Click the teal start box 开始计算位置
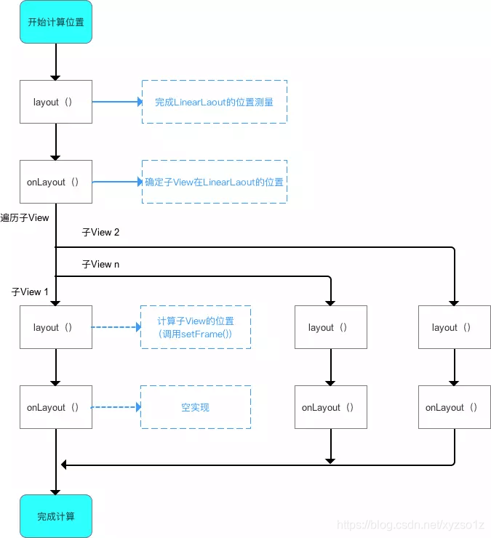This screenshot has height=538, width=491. click(x=55, y=22)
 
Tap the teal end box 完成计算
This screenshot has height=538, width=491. click(x=55, y=516)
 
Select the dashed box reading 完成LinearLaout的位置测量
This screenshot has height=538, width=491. click(x=214, y=102)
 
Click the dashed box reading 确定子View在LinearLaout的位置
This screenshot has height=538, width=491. click(x=214, y=182)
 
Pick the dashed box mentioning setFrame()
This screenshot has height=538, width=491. click(x=195, y=327)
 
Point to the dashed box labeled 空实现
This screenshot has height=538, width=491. click(x=195, y=407)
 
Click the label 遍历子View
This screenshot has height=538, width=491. click(x=25, y=217)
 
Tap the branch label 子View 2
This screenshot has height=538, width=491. click(x=100, y=232)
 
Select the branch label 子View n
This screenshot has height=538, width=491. click(x=100, y=264)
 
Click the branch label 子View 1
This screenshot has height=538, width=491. click(x=30, y=292)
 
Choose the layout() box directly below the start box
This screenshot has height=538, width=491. click(x=55, y=102)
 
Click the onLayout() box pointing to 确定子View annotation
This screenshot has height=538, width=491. click(x=55, y=182)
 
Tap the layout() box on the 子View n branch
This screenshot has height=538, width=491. click(x=331, y=327)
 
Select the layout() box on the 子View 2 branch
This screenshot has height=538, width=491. click(x=454, y=327)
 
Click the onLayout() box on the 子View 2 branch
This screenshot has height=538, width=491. click(x=454, y=407)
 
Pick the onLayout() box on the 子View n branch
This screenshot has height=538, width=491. click(x=331, y=407)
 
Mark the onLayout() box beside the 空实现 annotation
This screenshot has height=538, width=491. click(x=55, y=407)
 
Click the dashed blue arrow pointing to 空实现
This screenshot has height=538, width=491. click(x=115, y=407)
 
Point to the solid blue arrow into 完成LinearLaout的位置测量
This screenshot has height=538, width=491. click(x=116, y=102)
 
